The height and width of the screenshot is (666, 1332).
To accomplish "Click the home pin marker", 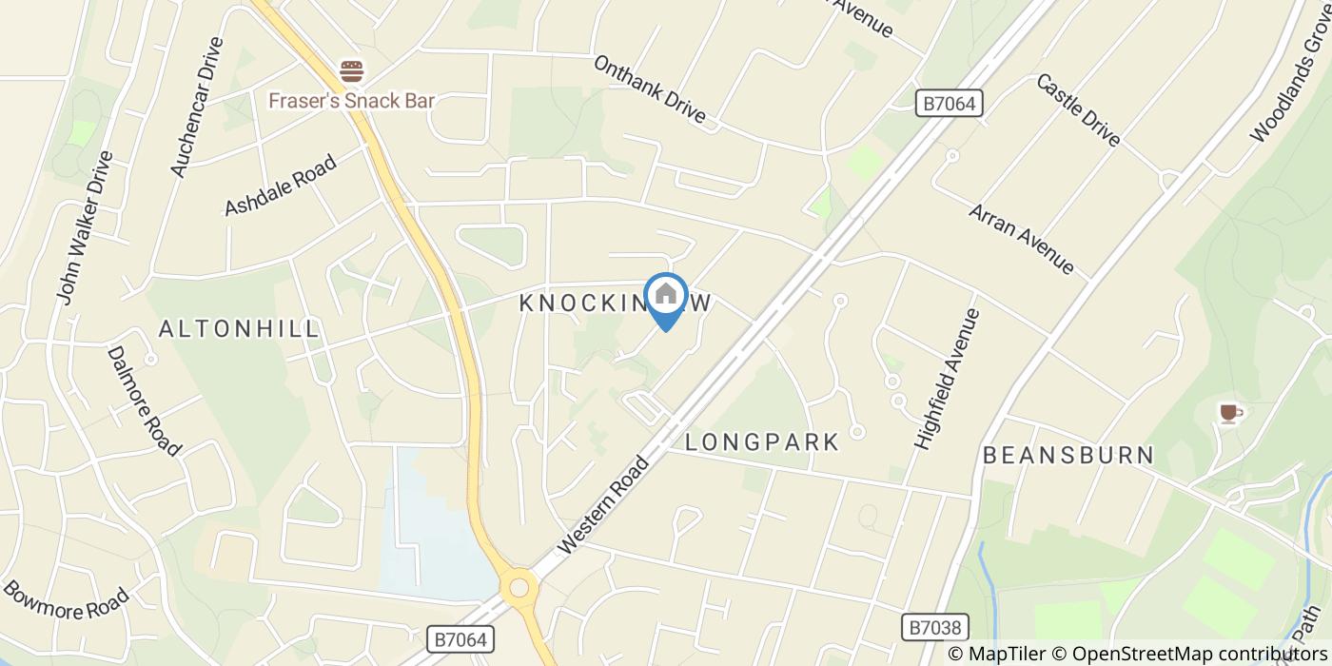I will (666, 298).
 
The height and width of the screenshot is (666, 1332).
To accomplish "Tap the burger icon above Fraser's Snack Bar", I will (352, 70).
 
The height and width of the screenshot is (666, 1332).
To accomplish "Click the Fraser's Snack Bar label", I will (351, 100).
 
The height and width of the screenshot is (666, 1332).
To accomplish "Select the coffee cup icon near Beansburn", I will (1229, 412).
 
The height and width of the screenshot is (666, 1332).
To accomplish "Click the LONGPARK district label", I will (763, 442).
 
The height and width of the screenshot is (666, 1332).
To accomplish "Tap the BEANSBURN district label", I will (1068, 455).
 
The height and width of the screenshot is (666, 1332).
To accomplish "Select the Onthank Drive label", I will (650, 89).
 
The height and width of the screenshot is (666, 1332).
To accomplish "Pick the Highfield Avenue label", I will (946, 379).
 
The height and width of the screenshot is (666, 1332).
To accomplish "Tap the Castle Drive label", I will (1078, 109).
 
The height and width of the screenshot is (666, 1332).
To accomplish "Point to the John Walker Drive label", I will (84, 228).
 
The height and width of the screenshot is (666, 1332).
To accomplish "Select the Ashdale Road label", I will (280, 186).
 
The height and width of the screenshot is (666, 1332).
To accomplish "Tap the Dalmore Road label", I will (144, 400).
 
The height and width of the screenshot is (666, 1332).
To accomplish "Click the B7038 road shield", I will (934, 627).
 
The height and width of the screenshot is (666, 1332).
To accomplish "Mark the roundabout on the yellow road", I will (519, 588).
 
